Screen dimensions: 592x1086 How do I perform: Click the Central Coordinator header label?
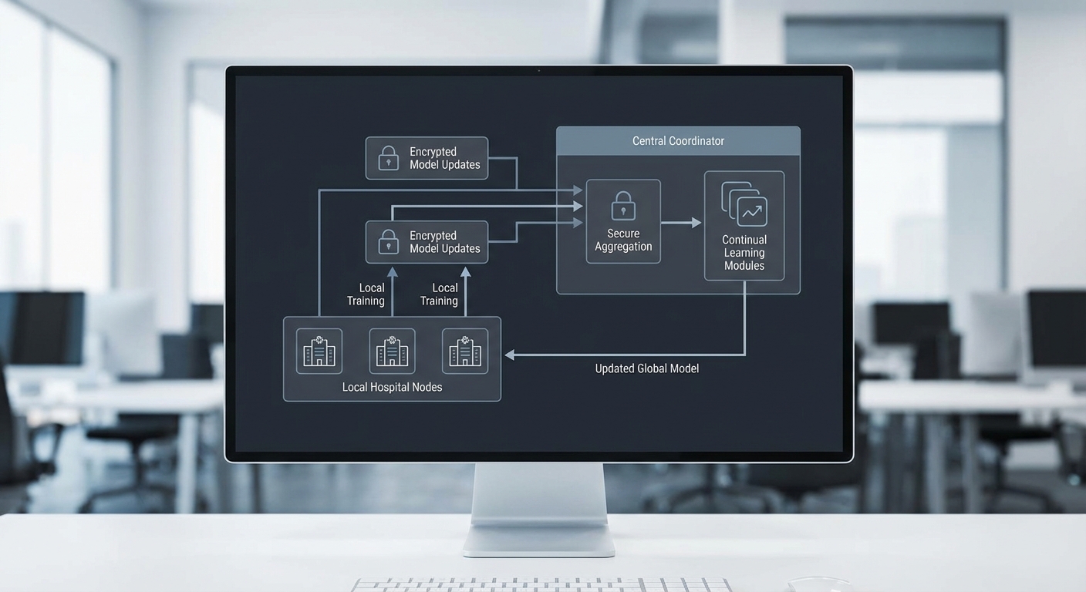pyautogui.click(x=678, y=141)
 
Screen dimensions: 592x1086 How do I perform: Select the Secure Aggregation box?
pyautogui.click(x=623, y=221)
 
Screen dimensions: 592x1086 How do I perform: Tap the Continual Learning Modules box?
pyautogui.click(x=744, y=226)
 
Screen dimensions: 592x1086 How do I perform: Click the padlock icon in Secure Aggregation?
pyautogui.click(x=623, y=207)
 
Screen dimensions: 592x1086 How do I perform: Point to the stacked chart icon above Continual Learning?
pyautogui.click(x=745, y=202)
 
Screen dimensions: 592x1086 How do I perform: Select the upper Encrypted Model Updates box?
pyautogui.click(x=427, y=158)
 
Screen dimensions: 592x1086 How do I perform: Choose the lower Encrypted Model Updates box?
pyautogui.click(x=427, y=242)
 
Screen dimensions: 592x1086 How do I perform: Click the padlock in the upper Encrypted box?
pyautogui.click(x=388, y=159)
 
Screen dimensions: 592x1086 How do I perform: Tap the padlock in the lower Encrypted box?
pyautogui.click(x=388, y=242)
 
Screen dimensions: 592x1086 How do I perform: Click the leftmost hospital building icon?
pyautogui.click(x=319, y=351)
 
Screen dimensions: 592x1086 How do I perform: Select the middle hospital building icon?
pyautogui.click(x=392, y=351)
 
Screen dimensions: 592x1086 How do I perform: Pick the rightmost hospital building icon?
pyautogui.click(x=465, y=351)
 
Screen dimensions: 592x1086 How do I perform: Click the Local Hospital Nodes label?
pyautogui.click(x=392, y=387)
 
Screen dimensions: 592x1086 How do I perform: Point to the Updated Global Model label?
pyautogui.click(x=646, y=368)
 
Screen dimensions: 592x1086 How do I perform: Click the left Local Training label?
pyautogui.click(x=366, y=294)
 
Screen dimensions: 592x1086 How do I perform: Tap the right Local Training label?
pyautogui.click(x=440, y=294)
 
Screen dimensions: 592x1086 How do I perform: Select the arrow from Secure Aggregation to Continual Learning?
pyautogui.click(x=681, y=223)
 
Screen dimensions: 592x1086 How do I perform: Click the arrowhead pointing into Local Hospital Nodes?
pyautogui.click(x=511, y=355)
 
